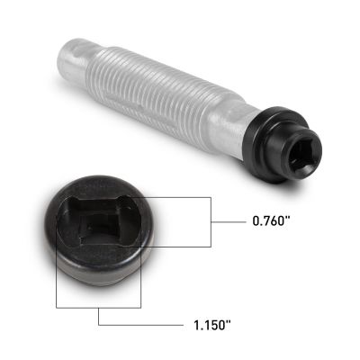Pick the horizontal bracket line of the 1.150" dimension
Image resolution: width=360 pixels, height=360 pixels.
(100, 294)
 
